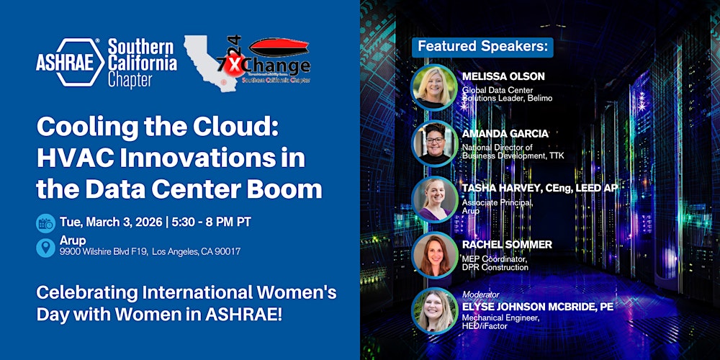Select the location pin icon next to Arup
coord(45,247)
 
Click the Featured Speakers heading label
coord(482,47)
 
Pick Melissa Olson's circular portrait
coord(433,87)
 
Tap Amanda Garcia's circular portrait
coord(433,143)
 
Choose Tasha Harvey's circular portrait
coord(433,199)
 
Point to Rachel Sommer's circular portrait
coord(433,255)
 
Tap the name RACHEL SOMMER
coord(507,245)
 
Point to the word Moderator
coord(481,295)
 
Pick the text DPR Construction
coord(495,267)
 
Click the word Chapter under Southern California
coord(130,81)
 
